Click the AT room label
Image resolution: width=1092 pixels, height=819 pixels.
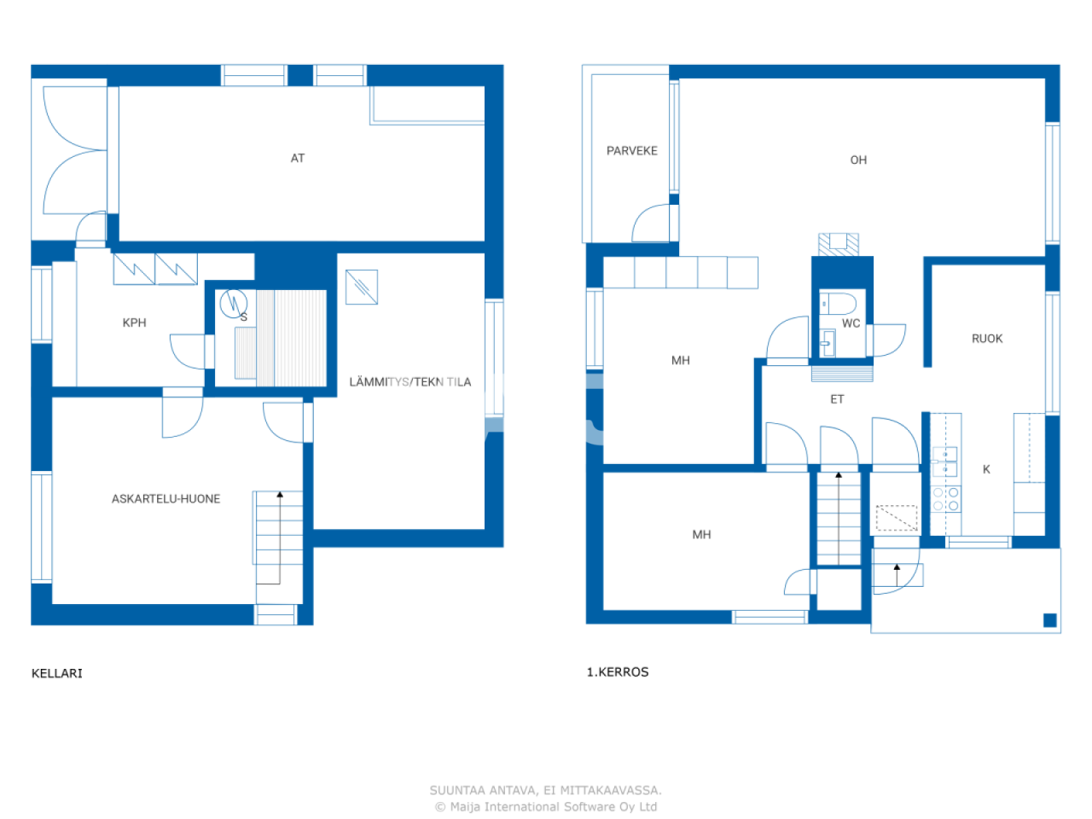point(298,158)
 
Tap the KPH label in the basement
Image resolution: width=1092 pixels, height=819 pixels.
point(134,322)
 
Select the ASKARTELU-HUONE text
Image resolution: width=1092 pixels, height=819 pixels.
point(166,499)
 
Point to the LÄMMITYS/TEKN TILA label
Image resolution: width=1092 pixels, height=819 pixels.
point(409,382)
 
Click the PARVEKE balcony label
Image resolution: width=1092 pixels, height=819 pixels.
point(631,151)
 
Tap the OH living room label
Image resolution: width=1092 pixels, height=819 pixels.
point(858,160)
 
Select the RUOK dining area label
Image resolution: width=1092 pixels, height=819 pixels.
point(987,339)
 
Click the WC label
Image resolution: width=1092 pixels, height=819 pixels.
point(851,323)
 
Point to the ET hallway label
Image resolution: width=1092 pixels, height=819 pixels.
point(837,399)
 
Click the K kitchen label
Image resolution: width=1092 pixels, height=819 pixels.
point(986,469)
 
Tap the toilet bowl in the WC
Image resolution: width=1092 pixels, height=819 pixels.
point(840,303)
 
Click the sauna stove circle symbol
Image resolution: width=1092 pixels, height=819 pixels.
point(233,303)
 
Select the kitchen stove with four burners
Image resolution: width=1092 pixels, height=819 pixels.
point(945,499)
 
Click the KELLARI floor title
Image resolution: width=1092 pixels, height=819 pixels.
point(57,673)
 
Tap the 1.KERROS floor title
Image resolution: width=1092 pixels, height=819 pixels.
point(618,672)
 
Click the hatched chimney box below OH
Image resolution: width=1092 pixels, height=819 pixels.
point(838,244)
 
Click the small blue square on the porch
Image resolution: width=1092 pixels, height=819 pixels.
point(1050,620)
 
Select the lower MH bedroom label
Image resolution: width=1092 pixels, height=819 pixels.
point(701,535)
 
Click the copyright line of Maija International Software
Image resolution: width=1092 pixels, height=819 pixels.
point(546,807)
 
